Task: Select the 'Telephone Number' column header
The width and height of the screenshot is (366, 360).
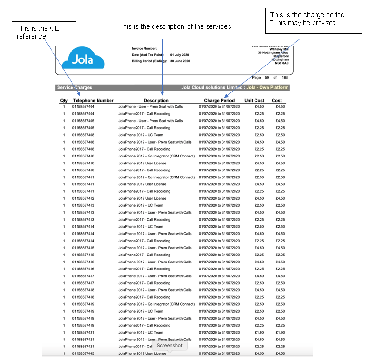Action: click(x=93, y=101)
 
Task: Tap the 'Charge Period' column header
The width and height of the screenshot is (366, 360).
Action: click(x=219, y=101)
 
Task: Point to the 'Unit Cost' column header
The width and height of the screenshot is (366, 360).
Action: click(x=254, y=101)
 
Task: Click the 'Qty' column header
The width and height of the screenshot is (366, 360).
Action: click(x=64, y=101)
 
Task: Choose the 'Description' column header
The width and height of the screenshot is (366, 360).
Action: click(x=156, y=101)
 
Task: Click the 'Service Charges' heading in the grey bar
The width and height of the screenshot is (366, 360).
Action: click(x=74, y=87)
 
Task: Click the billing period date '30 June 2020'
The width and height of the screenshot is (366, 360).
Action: click(x=180, y=61)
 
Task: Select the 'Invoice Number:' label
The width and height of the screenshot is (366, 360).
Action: click(x=144, y=48)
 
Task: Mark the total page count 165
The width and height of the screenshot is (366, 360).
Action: click(x=285, y=78)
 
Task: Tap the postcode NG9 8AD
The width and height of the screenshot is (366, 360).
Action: click(x=281, y=63)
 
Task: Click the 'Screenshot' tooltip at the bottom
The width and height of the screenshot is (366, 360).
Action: click(x=169, y=346)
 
